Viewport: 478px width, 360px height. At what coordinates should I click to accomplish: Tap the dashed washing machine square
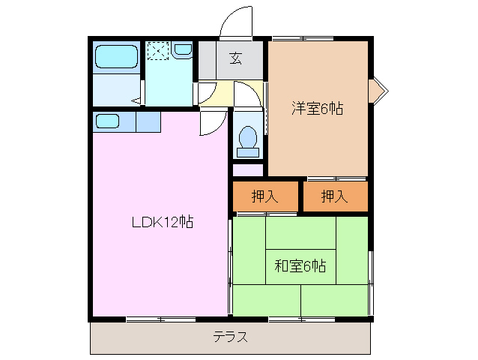pos(157,51)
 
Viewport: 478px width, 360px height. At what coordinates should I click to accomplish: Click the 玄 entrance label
pos(235,56)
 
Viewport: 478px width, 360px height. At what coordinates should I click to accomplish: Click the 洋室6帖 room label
pos(317,109)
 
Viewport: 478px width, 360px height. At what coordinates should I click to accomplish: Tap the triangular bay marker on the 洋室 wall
pos(378,89)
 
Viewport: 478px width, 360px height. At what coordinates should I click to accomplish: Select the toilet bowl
pos(246,137)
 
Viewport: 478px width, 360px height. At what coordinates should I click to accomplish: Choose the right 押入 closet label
pos(335,196)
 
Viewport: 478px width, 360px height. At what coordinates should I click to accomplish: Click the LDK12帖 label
pos(163,222)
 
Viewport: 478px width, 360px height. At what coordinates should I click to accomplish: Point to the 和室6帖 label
pos(300,265)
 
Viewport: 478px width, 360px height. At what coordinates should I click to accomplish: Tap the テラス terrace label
pos(231,336)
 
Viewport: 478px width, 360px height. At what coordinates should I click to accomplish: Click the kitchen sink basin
pos(107,121)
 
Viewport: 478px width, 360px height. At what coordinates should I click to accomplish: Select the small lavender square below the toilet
pos(247,169)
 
